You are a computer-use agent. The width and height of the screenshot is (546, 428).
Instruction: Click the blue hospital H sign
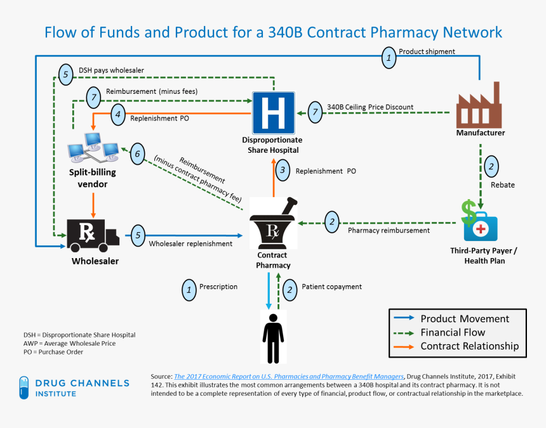274,113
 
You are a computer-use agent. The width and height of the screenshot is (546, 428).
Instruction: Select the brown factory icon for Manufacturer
479,105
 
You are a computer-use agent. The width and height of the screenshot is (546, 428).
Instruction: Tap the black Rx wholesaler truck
93,235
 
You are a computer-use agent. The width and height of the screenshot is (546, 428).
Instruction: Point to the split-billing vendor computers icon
93,147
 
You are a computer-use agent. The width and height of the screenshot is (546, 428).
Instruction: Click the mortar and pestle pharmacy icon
274,223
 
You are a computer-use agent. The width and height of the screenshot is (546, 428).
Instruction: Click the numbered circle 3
283,170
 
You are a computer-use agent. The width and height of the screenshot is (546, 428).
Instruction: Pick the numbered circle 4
118,114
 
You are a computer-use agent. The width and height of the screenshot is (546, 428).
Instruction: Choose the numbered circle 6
138,153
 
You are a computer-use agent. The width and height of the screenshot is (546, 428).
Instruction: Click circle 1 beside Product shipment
389,58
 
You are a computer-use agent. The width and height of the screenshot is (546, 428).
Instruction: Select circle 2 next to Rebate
491,166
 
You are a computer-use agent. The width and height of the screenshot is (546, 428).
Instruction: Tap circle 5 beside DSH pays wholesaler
66,74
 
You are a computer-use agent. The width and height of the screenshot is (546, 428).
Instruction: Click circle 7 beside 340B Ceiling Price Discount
315,112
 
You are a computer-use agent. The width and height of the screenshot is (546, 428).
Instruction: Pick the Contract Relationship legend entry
456,346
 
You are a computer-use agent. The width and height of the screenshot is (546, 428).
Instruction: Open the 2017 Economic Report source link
289,377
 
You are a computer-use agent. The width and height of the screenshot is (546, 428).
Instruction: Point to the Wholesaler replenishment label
190,243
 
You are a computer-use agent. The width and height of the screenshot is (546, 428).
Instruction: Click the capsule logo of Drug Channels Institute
24,387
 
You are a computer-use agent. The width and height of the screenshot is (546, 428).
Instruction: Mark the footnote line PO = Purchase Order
53,352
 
